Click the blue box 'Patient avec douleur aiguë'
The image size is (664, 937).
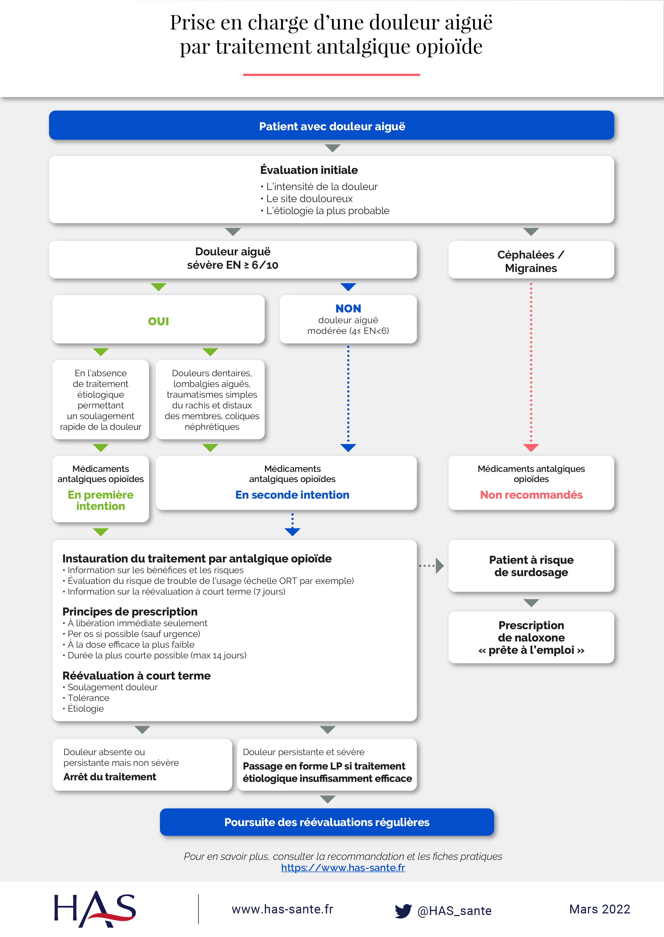coord(331,126)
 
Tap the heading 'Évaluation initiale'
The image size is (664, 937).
coord(309,170)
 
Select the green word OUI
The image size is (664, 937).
coord(158,321)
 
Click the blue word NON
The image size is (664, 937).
coord(348,308)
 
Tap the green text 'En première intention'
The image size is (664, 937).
coord(101,501)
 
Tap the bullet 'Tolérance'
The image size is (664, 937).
coord(88,698)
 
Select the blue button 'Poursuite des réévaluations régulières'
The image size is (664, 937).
coord(327,822)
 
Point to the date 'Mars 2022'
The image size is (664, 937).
coord(599,909)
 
